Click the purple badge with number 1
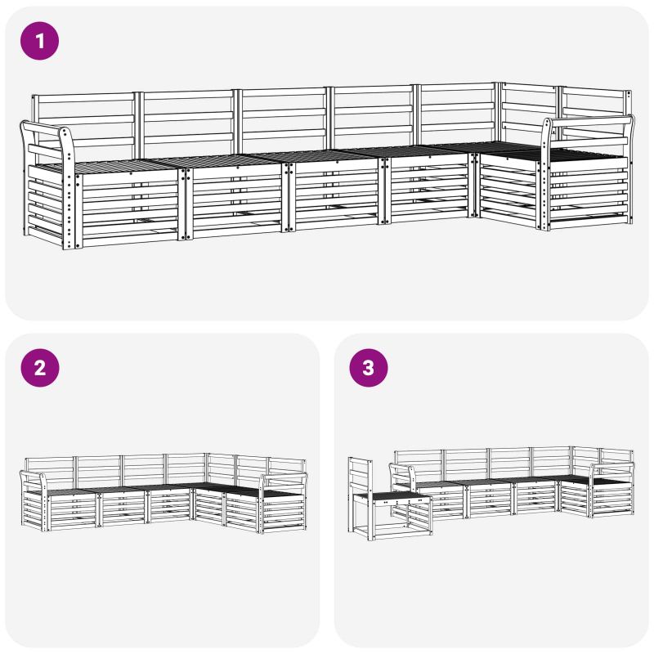pyautogui.click(x=39, y=41)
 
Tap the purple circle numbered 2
pyautogui.click(x=40, y=368)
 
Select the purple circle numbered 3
pyautogui.click(x=369, y=368)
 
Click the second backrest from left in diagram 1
pyautogui.click(x=188, y=122)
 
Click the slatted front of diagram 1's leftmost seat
pyautogui.click(x=130, y=208)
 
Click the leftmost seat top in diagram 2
pyautogui.click(x=70, y=492)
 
